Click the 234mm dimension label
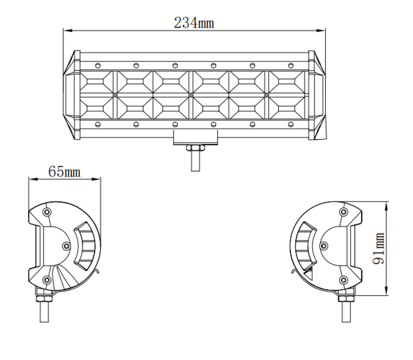coord(194,23)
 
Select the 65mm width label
coord(64,171)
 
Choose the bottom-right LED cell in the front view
coord(287,107)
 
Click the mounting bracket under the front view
coord(195,137)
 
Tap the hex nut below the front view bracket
coord(195,148)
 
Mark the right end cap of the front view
coord(317,95)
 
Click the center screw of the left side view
coord(66,246)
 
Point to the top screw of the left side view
coord(47,212)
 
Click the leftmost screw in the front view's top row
coord(98,65)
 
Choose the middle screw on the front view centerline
coord(190,95)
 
